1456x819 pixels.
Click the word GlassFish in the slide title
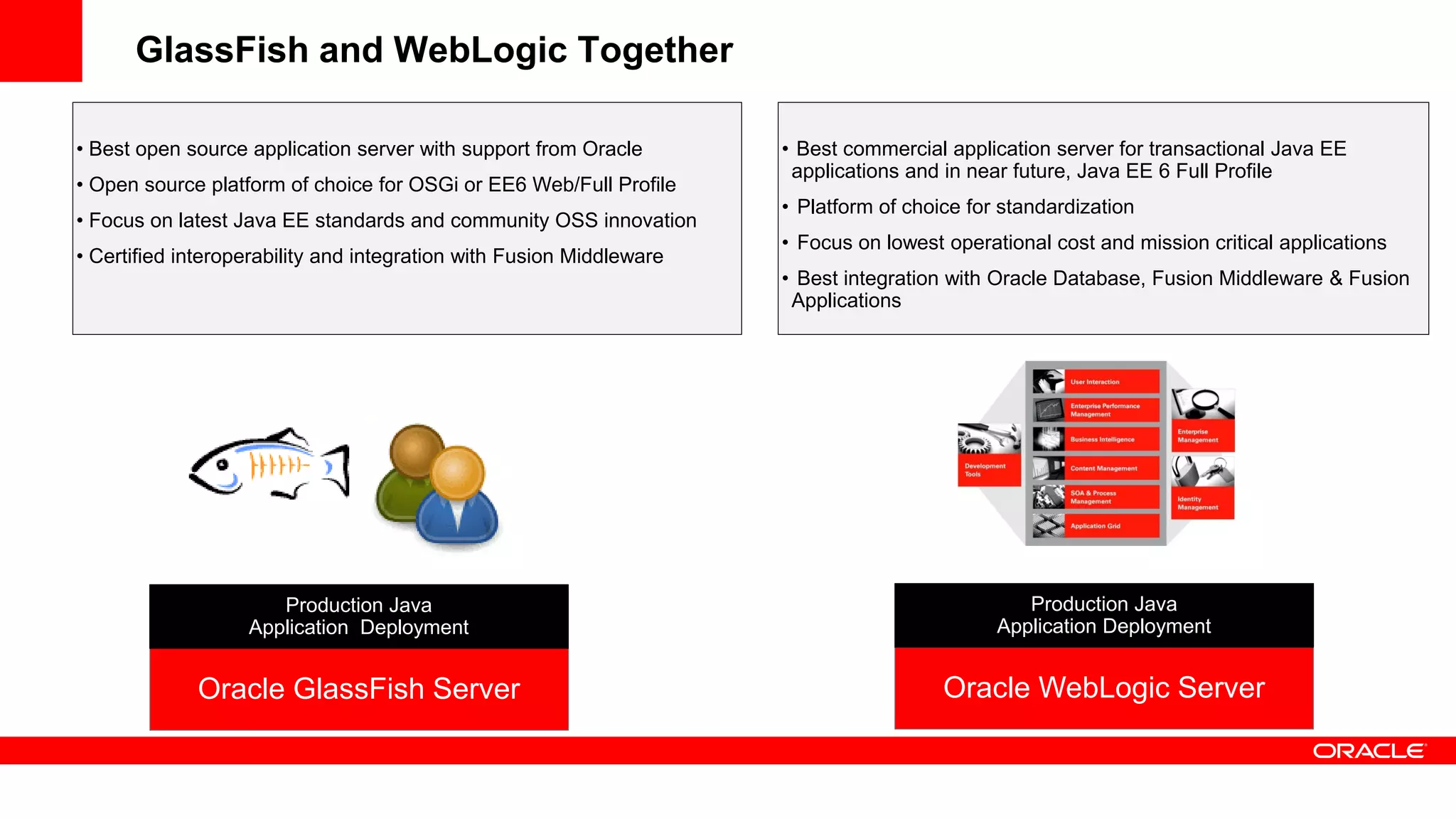coord(222,50)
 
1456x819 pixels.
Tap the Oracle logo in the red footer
coord(1369,751)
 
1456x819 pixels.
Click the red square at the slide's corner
coord(41,41)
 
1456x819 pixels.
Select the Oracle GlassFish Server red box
coord(359,689)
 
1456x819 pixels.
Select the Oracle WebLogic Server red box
coord(1103,687)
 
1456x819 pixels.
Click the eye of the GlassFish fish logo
coord(223,465)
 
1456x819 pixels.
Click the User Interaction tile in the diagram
coord(1096,382)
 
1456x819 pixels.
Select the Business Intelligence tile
coord(1096,439)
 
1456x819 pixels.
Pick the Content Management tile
coord(1096,469)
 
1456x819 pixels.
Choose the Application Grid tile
coord(1096,526)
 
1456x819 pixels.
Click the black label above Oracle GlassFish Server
coord(359,616)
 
